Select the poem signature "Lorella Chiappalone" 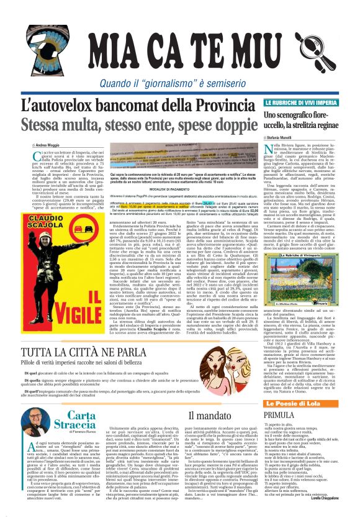(336, 514)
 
